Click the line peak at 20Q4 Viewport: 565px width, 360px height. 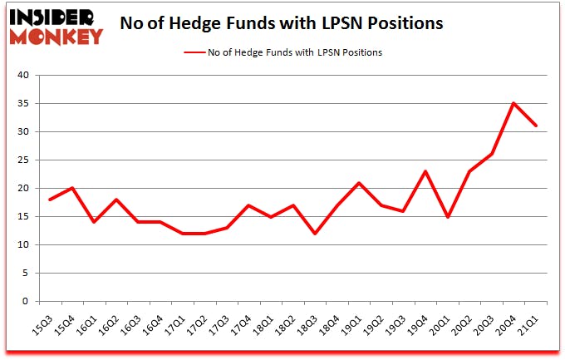click(514, 103)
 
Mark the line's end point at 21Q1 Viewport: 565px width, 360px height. click(537, 126)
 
